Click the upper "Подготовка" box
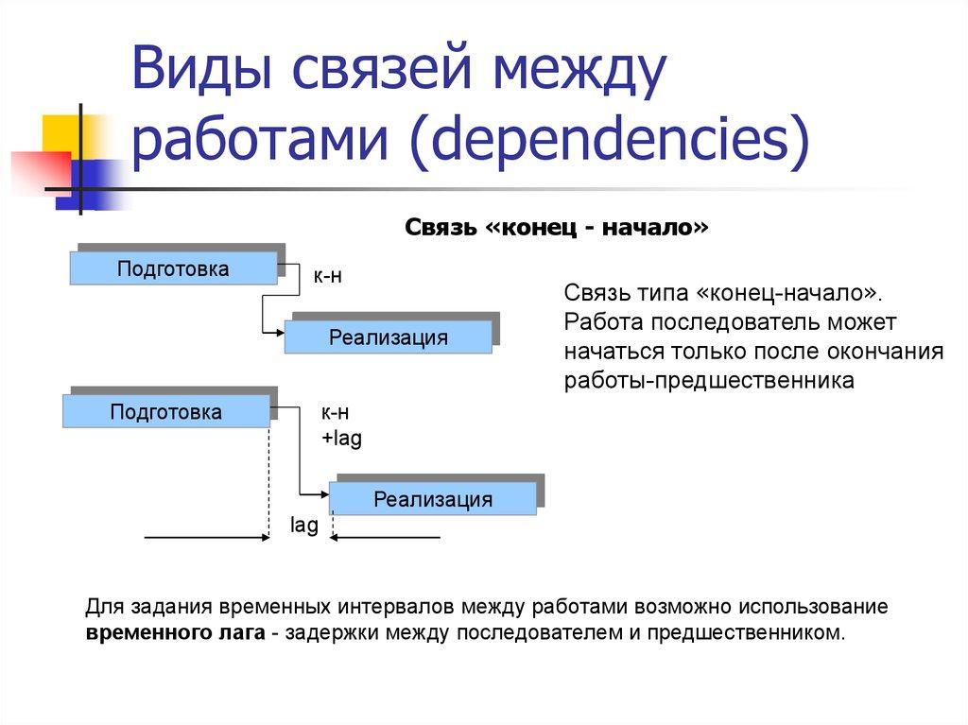[173, 269]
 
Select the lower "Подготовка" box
[165, 412]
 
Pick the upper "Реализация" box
[388, 337]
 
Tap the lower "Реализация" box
[432, 499]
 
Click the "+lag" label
[341, 439]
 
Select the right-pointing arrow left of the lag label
[208, 537]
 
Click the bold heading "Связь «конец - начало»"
[557, 229]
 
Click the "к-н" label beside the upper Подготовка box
[327, 276]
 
